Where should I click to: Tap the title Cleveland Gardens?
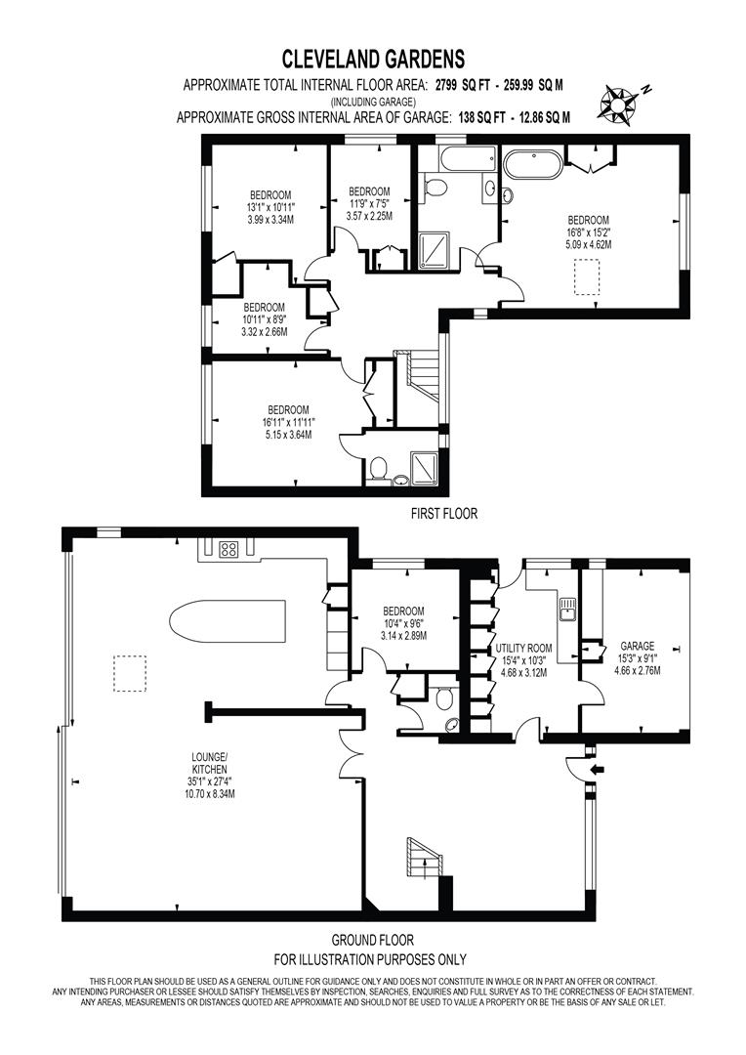pos(373,60)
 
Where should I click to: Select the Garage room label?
pos(637,647)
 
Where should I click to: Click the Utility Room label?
pos(523,649)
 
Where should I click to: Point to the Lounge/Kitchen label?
pos(210,763)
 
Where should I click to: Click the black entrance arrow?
pos(597,769)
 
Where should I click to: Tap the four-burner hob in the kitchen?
pos(228,550)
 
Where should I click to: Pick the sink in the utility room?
pos(566,609)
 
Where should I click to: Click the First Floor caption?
pos(444,514)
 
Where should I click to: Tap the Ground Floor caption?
pos(373,940)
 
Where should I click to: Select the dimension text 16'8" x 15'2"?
pos(589,232)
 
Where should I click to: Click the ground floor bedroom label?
pos(403,611)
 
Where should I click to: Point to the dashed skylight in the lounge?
pos(130,673)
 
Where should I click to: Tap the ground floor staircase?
pos(423,858)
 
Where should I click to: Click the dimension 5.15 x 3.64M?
pos(288,435)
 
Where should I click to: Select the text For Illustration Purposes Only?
pos(370,959)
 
